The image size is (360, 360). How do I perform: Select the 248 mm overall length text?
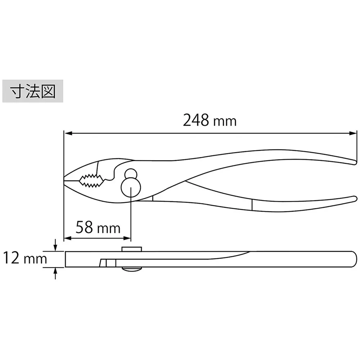(x=210, y=121)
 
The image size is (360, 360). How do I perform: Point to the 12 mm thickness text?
(x=25, y=258)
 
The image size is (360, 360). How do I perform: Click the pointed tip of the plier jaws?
(x=66, y=177)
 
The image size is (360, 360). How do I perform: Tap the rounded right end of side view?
(x=355, y=259)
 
